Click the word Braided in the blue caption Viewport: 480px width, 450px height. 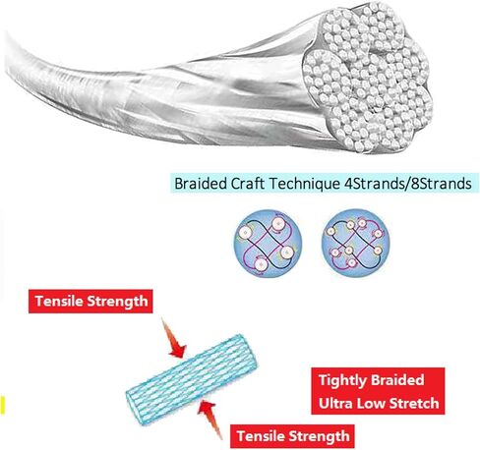point(201,184)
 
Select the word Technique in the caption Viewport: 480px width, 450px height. point(304,184)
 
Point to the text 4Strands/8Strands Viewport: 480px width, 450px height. point(407,184)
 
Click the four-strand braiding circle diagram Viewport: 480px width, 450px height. point(268,244)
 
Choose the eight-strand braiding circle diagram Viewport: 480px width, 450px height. point(355,243)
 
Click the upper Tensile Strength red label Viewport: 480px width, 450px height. point(90,302)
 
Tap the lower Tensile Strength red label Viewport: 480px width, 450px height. point(292,436)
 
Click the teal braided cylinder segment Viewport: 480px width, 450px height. point(192,380)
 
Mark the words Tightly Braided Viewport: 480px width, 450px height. point(371,381)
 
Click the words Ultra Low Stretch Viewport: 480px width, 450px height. point(379,403)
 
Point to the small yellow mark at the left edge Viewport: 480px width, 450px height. point(2,405)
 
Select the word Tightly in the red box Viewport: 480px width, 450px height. point(342,381)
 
